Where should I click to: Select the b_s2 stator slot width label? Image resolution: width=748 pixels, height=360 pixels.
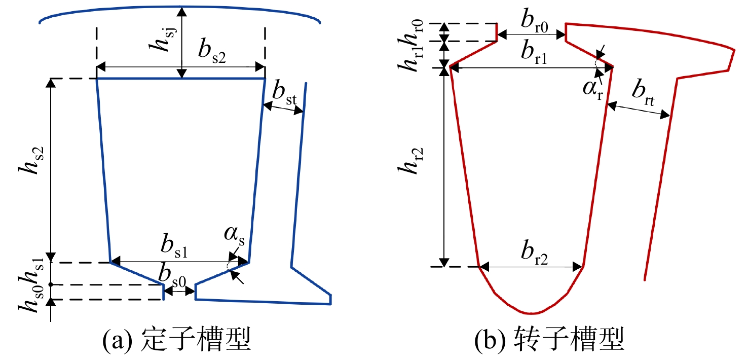point(212,51)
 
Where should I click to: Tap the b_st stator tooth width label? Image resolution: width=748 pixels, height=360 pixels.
point(284,93)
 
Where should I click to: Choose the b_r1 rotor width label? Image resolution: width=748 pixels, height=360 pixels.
point(534,52)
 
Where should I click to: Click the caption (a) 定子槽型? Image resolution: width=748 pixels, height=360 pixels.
point(177,340)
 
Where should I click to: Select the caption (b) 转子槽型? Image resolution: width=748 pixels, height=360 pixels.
point(550,340)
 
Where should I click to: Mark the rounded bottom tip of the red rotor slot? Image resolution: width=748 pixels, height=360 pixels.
point(532,313)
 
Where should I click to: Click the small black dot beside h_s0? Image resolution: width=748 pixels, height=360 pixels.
point(51,284)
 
